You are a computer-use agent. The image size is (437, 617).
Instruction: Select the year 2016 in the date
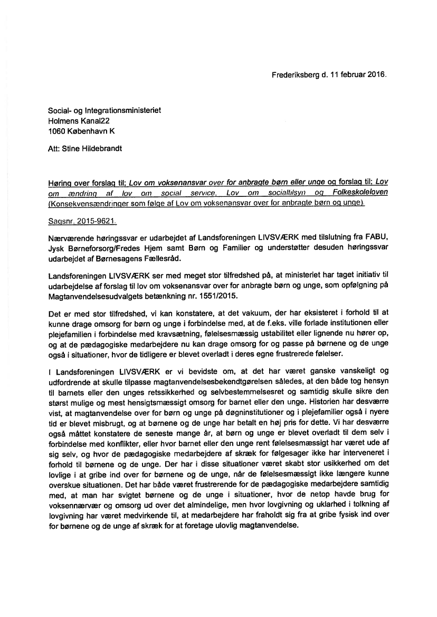tap(377, 74)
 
